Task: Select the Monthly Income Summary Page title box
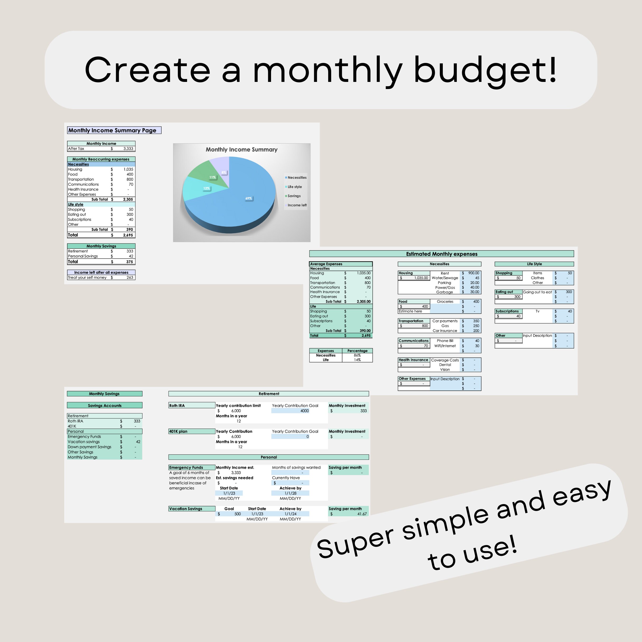tap(114, 130)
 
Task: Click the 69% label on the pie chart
tap(249, 198)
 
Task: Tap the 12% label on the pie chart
tap(206, 188)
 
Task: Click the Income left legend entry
tap(296, 205)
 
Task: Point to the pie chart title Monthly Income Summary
tap(241, 150)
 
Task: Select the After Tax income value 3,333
tap(128, 148)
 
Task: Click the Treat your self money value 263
tap(130, 277)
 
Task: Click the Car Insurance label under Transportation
tap(445, 331)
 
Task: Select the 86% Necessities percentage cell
tap(357, 355)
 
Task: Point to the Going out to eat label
tap(537, 292)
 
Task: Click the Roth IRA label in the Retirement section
tap(177, 405)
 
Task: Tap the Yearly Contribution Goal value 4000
tap(304, 411)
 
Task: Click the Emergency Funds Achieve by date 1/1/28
tap(290, 493)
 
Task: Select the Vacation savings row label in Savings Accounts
tap(84, 442)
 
